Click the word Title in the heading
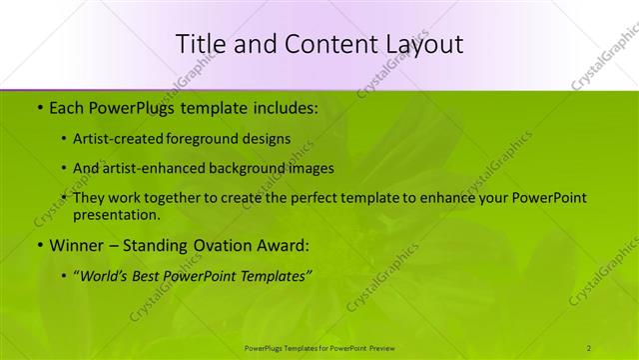[x=202, y=43]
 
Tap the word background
[x=254, y=168]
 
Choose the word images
[x=313, y=168]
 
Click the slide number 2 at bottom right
[x=589, y=348]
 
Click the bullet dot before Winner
[x=39, y=245]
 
